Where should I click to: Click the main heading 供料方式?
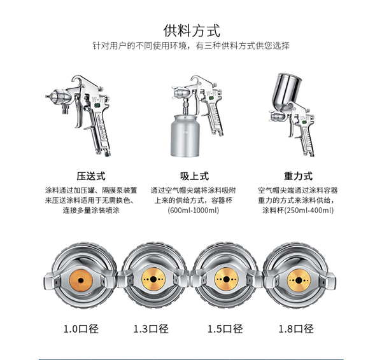[191, 31]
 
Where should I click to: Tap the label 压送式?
[91, 176]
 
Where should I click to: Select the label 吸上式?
[194, 176]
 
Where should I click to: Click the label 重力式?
[298, 176]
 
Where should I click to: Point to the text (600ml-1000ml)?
[193, 210]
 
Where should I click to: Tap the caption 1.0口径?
[81, 329]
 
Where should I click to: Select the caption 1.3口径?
[151, 329]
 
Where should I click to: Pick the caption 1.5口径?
[225, 329]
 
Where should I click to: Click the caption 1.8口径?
[296, 329]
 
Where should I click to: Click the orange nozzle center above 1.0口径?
[81, 280]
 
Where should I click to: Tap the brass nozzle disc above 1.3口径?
[153, 279]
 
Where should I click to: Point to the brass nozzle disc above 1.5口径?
[226, 279]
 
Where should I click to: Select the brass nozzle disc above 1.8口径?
[299, 280]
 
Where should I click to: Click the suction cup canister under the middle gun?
[185, 136]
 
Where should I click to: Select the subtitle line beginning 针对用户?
[191, 46]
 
